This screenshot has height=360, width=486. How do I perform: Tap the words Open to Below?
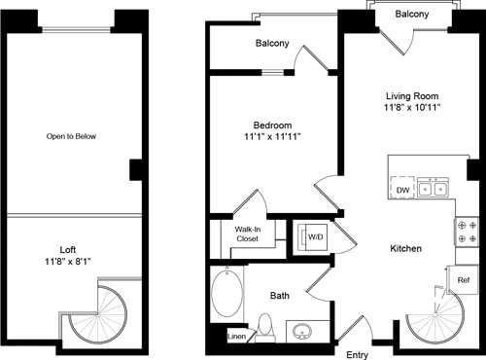pos(71,136)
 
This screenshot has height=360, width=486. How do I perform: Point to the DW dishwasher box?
pos(401,190)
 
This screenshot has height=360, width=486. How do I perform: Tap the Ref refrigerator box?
pos(464,280)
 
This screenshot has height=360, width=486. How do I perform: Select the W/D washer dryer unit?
pos(315,237)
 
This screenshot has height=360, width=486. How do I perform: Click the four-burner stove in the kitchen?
pos(463,232)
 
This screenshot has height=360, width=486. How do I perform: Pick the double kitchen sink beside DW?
pos(434,190)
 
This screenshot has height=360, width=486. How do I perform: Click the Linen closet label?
pos(236,337)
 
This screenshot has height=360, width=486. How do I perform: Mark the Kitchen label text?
pos(404,249)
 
